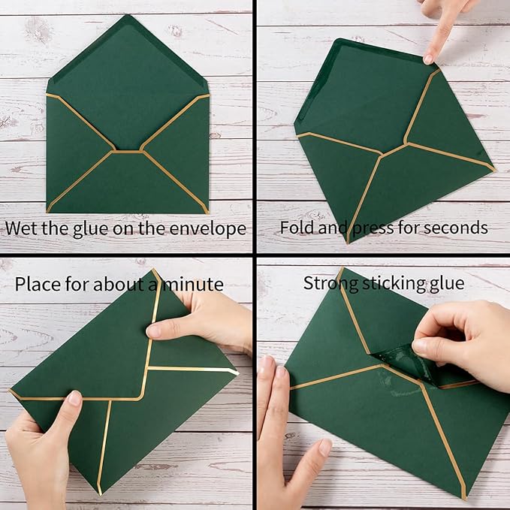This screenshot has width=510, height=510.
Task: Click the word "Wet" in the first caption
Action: (23, 228)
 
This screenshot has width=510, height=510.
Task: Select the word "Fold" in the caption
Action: (297, 228)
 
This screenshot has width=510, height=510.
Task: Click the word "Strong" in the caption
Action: (328, 283)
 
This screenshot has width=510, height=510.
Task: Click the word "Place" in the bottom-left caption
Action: (38, 284)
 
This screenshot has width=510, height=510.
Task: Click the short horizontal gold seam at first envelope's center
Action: (128, 151)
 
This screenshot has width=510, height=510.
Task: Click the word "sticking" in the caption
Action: (391, 283)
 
